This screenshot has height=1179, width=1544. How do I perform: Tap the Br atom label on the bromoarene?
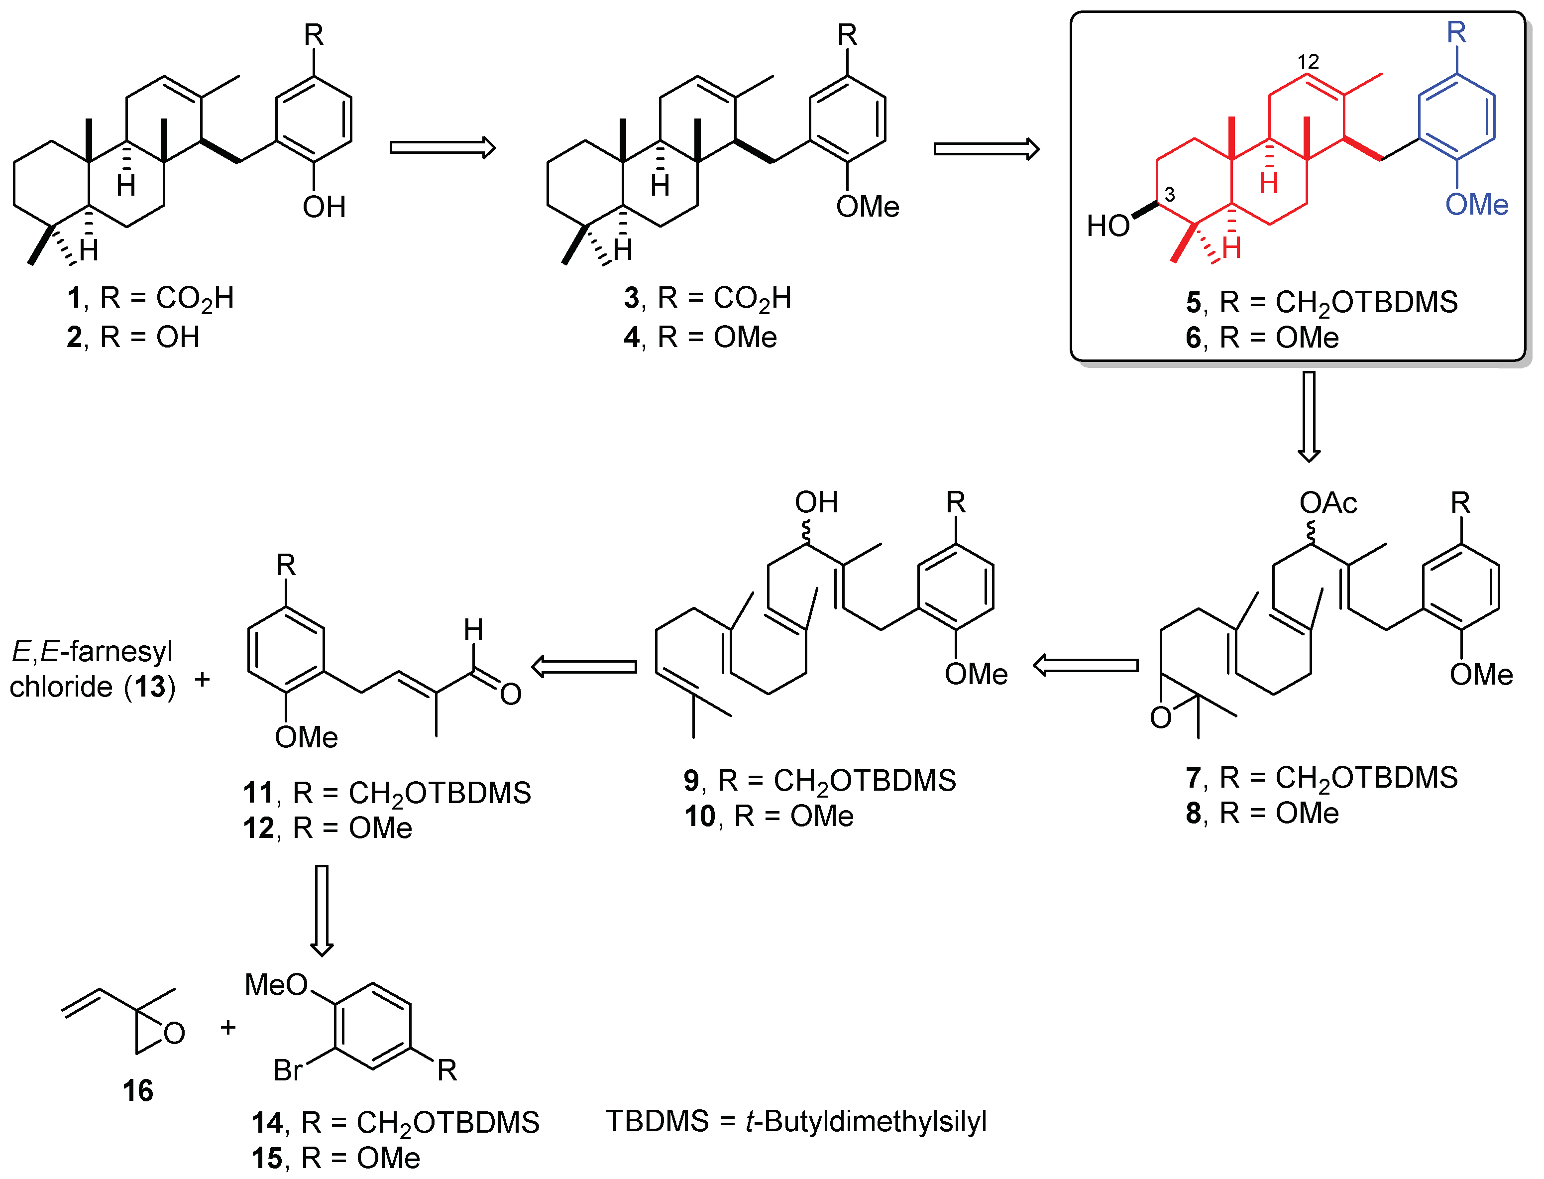pos(288,1070)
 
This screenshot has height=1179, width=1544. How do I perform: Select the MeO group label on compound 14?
pos(276,985)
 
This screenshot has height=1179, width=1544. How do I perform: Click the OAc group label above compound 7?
pos(1328,503)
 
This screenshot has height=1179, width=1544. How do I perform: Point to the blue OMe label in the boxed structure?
pos(1477,205)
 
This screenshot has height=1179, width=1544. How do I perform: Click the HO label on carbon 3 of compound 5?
pos(1108,226)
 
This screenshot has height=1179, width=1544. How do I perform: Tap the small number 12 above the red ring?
pos(1308,62)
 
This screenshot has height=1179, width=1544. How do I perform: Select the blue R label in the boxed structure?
pos(1457,32)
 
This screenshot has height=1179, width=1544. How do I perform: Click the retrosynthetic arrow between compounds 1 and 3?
pos(442,147)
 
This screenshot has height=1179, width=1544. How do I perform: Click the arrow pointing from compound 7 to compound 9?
pos(1086,665)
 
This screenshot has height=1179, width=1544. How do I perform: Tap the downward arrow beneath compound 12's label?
pos(322,910)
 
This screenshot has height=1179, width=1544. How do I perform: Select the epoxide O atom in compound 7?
pos(1161,718)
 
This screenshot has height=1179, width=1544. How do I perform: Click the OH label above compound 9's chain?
pos(816,502)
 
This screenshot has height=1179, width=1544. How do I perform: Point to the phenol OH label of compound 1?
pos(324,207)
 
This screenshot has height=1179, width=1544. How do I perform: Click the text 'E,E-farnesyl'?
pos(92,652)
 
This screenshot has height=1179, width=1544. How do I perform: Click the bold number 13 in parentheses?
pos(151,687)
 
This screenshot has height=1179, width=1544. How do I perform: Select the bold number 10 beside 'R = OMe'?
pos(699,816)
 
